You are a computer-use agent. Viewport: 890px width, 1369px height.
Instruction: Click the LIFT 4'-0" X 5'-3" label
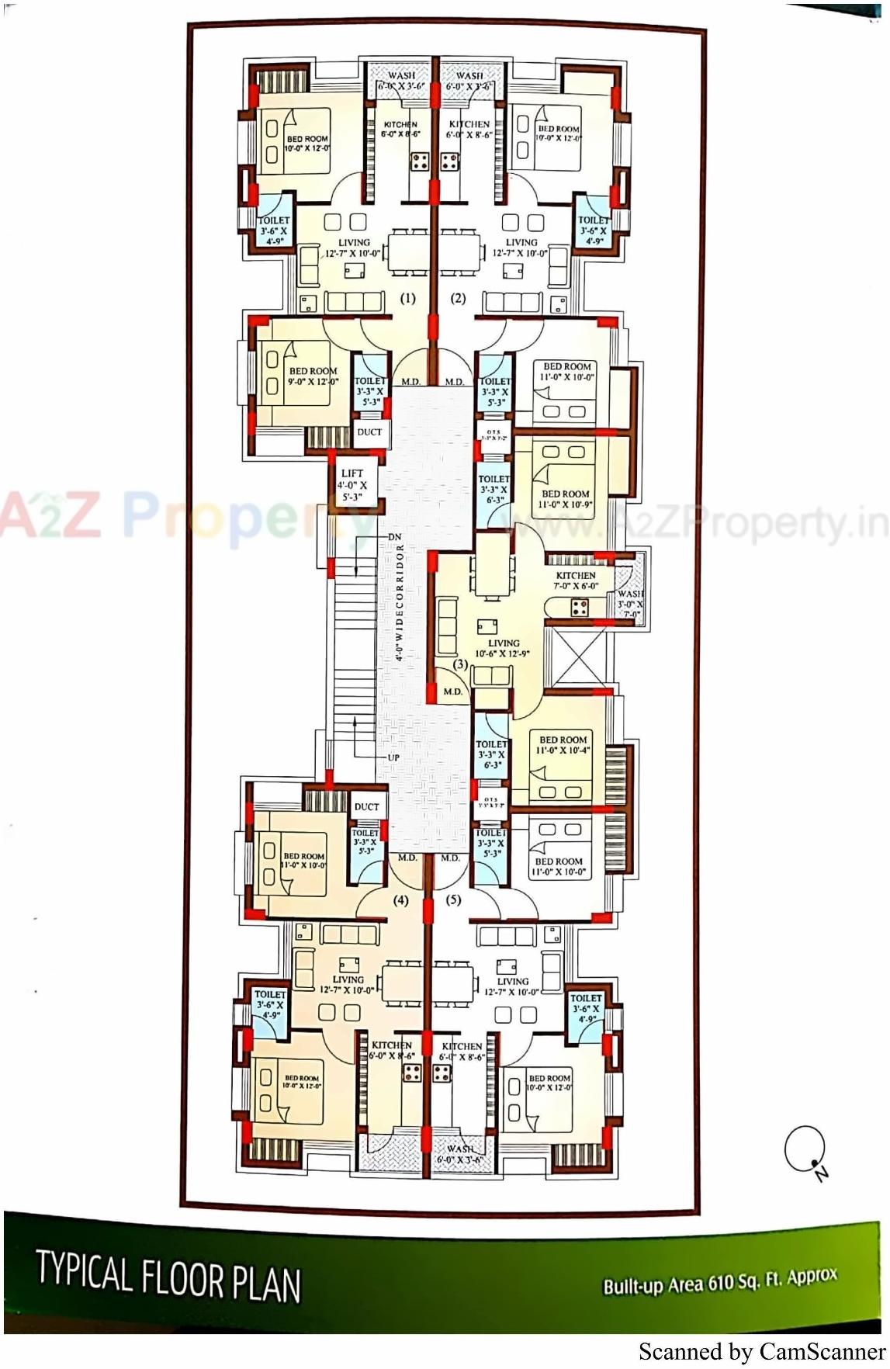[352, 485]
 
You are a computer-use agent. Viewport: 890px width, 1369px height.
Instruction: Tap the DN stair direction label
[394, 537]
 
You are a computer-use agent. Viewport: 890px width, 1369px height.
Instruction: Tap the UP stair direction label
[393, 757]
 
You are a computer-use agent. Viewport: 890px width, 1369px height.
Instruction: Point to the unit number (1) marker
[407, 298]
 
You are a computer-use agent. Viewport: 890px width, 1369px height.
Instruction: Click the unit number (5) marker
[454, 899]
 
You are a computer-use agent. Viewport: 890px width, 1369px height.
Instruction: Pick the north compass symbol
[805, 1151]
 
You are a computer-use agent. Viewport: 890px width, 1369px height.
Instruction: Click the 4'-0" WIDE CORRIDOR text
[400, 602]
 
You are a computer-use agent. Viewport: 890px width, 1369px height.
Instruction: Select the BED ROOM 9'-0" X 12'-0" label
[313, 376]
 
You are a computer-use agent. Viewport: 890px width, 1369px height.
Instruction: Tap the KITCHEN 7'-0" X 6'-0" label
[576, 581]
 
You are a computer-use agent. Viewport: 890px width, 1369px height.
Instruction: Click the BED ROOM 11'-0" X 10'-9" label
[566, 499]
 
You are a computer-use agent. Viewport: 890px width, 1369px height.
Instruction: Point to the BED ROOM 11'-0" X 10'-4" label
[563, 745]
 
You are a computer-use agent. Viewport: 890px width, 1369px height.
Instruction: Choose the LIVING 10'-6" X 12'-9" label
[503, 648]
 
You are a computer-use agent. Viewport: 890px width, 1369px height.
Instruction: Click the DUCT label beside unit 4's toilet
[366, 807]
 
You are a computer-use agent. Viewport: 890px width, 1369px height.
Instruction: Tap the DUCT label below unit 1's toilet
[369, 432]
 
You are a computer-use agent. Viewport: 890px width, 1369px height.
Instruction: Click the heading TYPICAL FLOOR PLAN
[168, 1277]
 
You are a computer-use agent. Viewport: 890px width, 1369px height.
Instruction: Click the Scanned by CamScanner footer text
[761, 1351]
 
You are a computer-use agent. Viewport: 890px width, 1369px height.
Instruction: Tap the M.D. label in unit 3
[453, 691]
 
